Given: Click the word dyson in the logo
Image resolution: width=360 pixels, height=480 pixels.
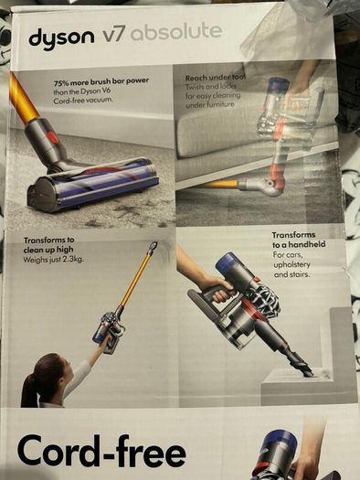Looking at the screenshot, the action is (x=61, y=38).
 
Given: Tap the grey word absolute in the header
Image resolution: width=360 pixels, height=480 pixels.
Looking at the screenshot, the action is (x=176, y=31).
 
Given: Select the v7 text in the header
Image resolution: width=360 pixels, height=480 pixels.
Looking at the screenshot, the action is (x=113, y=36).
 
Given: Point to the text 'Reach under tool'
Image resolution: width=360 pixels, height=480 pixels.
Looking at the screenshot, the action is (x=216, y=78).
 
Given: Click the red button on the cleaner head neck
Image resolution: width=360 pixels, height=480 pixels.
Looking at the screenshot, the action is (x=53, y=138).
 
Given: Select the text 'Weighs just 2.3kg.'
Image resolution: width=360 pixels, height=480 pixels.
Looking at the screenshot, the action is (x=53, y=260).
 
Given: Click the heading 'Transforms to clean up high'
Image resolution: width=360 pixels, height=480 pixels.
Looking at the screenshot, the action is (x=49, y=245).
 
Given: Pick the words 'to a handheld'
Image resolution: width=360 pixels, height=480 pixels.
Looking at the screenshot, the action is (x=299, y=244).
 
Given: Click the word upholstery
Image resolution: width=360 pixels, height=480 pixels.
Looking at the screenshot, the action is (x=291, y=264).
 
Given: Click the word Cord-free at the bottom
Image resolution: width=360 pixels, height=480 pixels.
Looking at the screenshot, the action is (x=101, y=452).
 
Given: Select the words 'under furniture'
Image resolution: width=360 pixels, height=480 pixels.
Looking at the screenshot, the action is (x=210, y=105).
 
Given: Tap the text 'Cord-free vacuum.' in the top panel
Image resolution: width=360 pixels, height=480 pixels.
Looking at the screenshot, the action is (x=83, y=100).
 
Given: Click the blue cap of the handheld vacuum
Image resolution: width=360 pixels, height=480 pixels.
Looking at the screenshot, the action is (x=227, y=264).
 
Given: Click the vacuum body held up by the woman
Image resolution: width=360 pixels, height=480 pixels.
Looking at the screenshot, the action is (x=109, y=330).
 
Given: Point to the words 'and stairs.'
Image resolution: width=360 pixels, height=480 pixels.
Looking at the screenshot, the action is (x=291, y=274).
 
